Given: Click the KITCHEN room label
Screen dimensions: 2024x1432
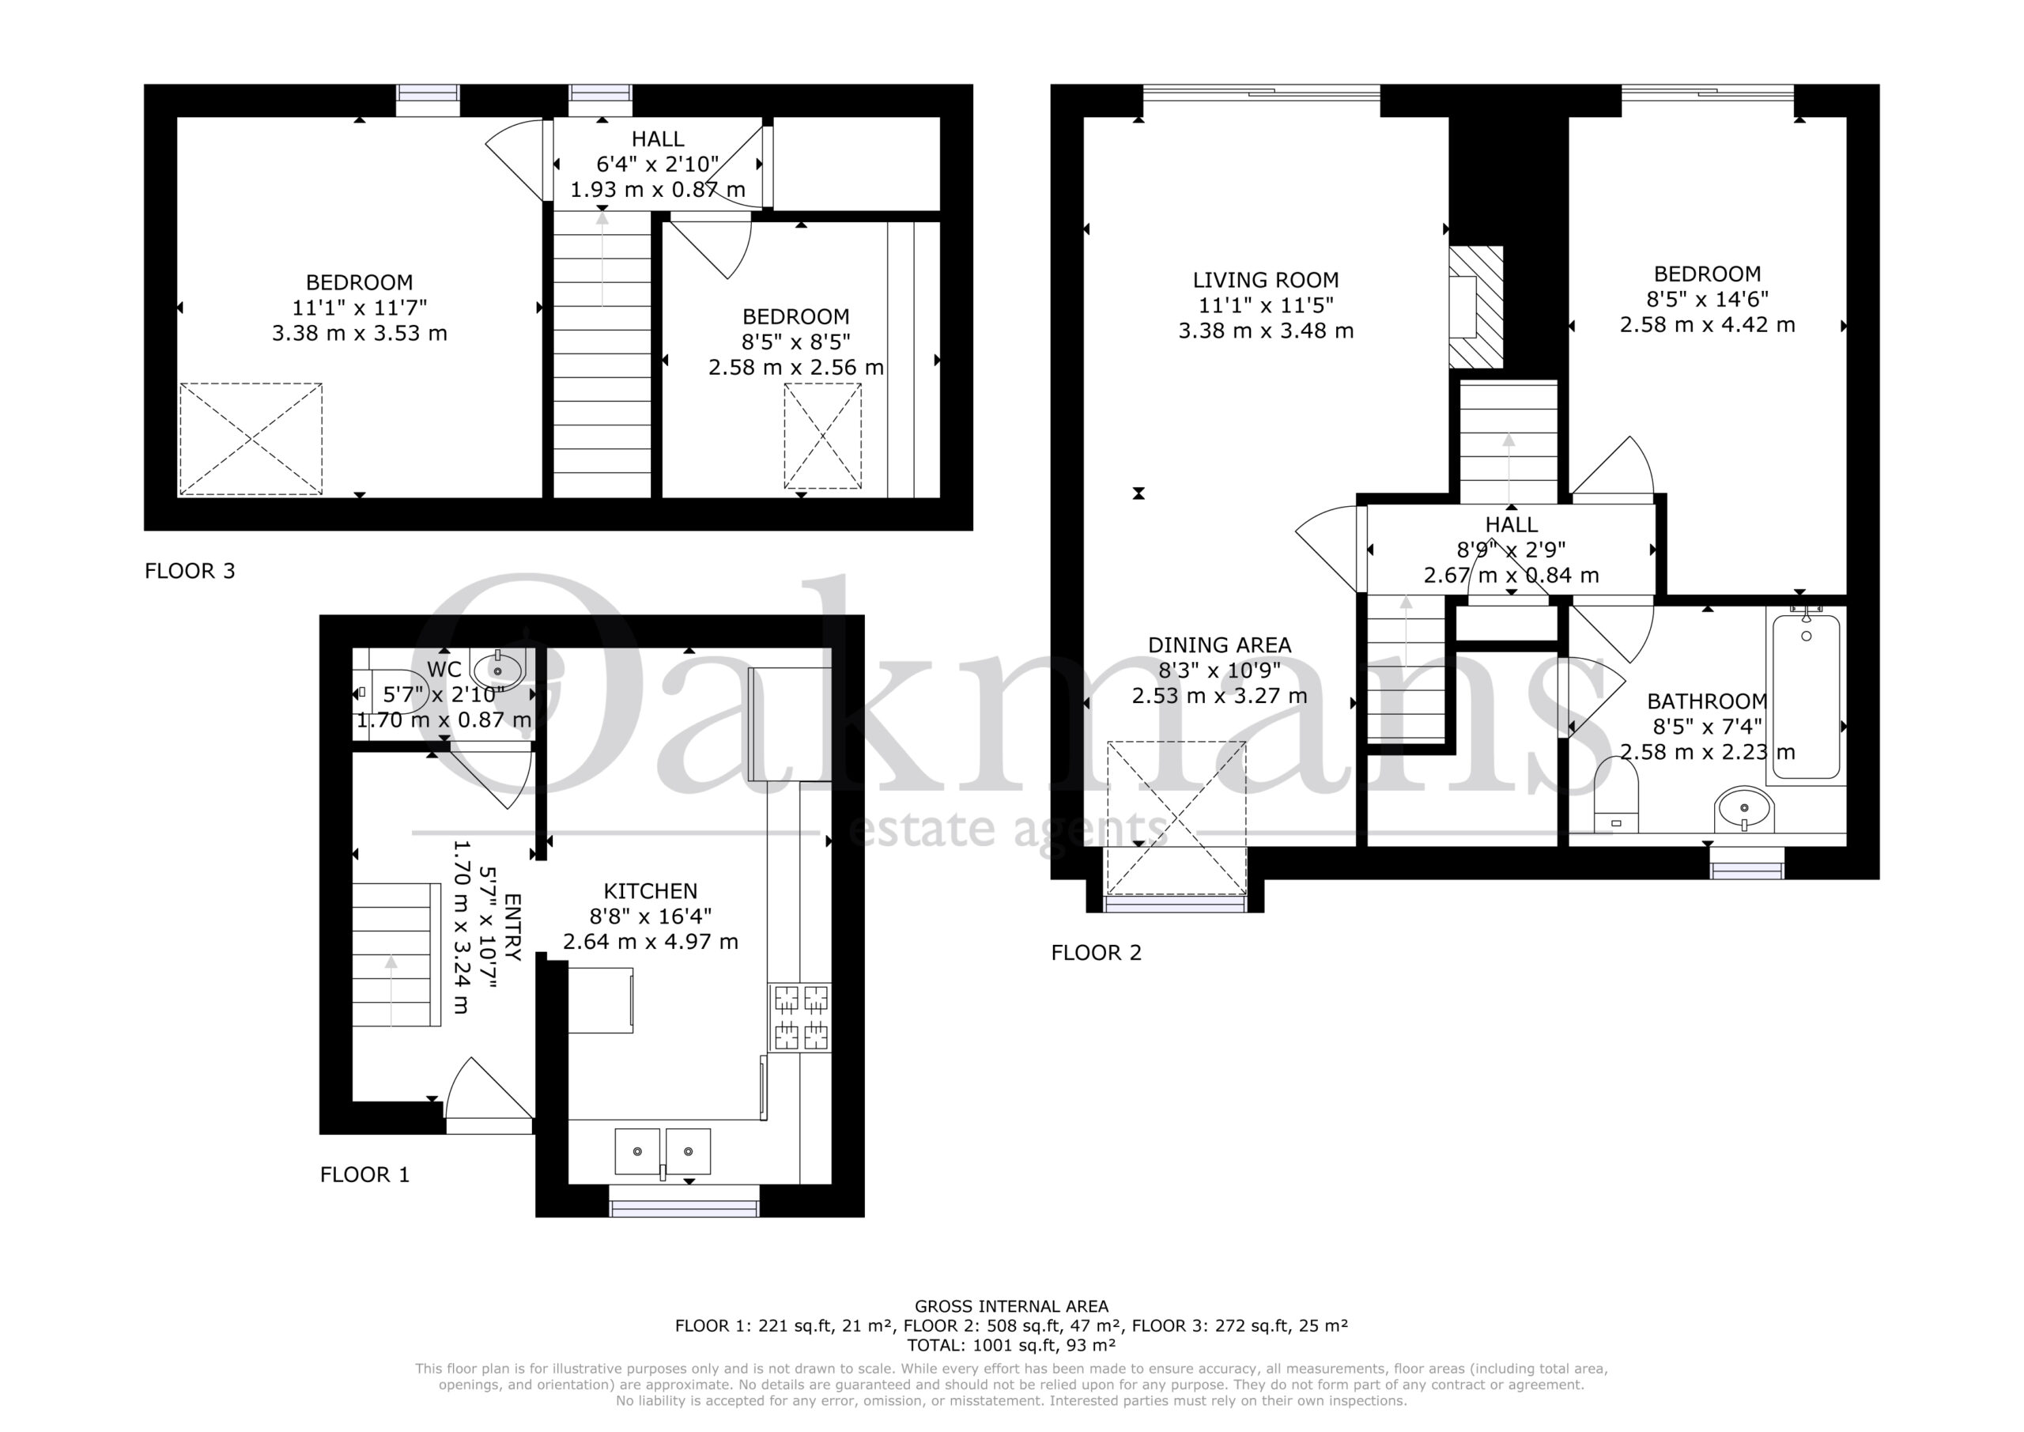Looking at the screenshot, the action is coord(651,891).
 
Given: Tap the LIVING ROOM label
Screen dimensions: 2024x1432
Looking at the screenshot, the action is coord(1266,281).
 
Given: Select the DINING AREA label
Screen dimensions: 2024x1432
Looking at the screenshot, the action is coord(1219,645).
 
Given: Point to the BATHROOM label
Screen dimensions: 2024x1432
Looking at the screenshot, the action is coord(1707,702).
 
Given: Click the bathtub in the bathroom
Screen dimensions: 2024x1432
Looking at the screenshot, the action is coord(1807,697).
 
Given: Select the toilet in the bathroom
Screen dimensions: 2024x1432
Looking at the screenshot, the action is coord(1616,794).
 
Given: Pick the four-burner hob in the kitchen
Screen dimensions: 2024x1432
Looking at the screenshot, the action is coord(800,1018).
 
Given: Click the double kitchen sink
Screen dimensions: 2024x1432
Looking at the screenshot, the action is coord(663,1151).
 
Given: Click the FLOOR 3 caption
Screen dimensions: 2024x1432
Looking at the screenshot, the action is coord(191,572).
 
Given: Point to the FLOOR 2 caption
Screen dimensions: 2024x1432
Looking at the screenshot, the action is coord(1097,953).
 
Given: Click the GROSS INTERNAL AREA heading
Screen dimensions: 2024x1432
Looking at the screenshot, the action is coord(1011,1307).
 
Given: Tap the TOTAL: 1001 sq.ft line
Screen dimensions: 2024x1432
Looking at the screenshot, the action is coord(1011,1346).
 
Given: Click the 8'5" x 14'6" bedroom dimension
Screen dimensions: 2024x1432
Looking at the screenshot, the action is coord(1708,300).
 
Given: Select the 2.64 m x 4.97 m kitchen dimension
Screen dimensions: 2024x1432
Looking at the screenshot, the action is coord(651,942).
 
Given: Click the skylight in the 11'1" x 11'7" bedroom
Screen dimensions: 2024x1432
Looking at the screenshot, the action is coord(251,438).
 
